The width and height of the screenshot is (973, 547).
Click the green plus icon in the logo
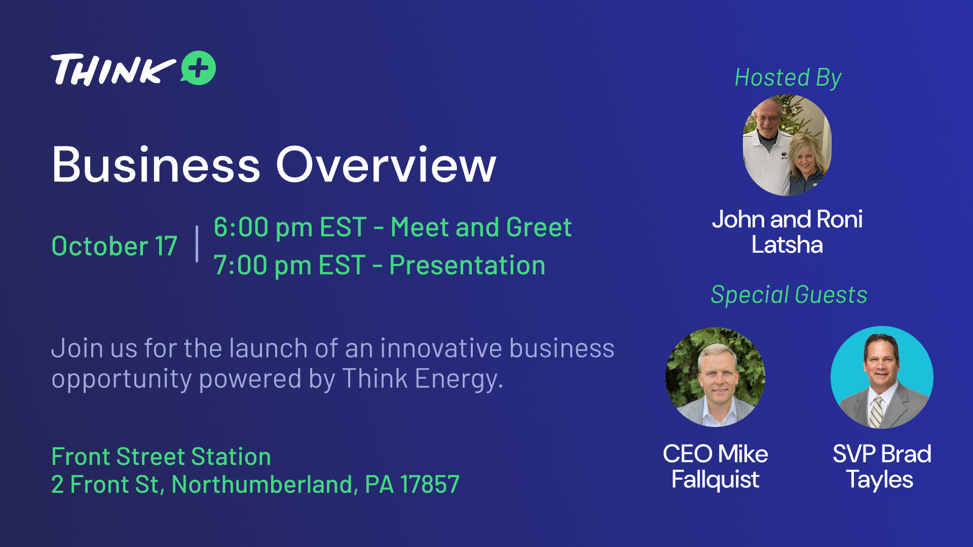pos(198,68)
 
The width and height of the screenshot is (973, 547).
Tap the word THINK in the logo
pos(113,69)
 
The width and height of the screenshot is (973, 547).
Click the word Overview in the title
pos(386,165)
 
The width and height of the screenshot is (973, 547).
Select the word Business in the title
pos(156,165)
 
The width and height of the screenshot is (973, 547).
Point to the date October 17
pos(115,246)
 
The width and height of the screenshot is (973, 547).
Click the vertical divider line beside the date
pos(197,244)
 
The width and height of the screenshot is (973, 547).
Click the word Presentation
pos(467,265)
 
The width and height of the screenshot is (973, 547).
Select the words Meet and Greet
pos(481,227)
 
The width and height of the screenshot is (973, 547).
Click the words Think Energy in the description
pos(422,379)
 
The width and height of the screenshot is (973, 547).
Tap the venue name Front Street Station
pos(161,456)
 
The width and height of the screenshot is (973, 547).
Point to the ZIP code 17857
pos(430,484)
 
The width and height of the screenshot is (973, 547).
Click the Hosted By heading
pos(788,78)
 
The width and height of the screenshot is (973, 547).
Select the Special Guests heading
pos(789,295)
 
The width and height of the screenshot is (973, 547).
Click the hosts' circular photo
pos(787,145)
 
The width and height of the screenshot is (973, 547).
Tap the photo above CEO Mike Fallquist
pos(715,377)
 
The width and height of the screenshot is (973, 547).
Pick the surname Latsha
pos(787,245)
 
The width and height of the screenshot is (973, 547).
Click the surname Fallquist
pos(715,480)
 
